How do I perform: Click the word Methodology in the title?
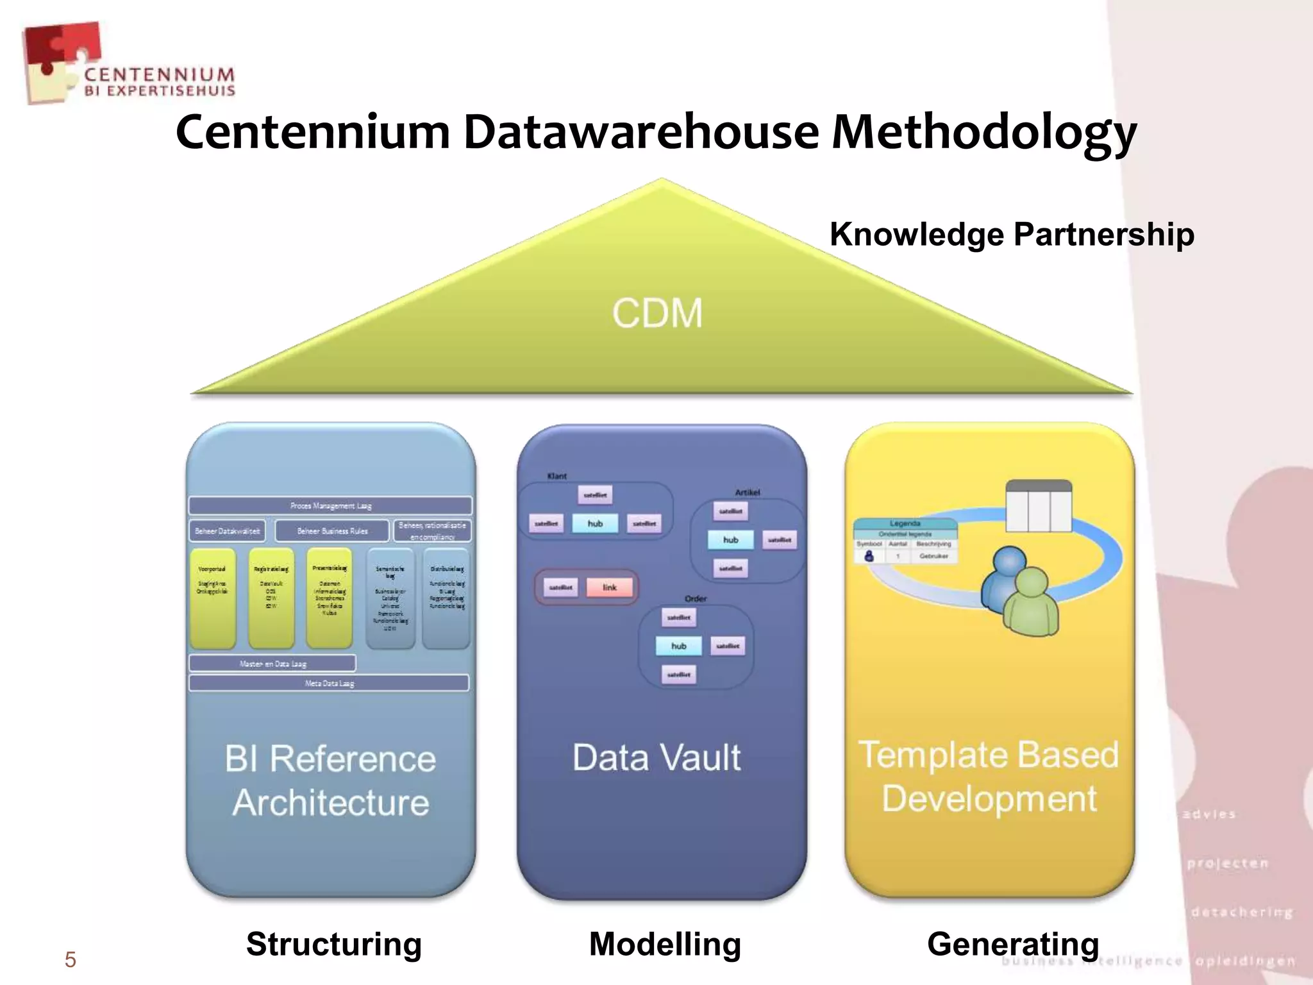coord(984,133)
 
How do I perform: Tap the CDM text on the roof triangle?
coord(657,314)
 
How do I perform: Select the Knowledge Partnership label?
coord(1012,234)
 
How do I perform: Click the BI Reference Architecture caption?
coord(330,780)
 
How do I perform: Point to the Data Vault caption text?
coord(656,757)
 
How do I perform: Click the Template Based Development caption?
coord(989,777)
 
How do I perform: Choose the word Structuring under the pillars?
coord(334,944)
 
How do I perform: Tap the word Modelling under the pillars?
coord(665,944)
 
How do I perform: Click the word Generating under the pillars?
coord(1013,944)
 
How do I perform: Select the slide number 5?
coord(70,960)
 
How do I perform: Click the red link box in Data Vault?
coord(609,587)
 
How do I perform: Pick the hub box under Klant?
coord(595,524)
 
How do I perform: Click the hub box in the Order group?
coord(678,646)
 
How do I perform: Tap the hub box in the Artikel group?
coord(730,540)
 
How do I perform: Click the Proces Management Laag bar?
coord(330,506)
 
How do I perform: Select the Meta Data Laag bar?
coord(329,684)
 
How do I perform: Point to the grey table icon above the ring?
coord(1039,506)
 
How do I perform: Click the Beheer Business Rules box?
coord(332,531)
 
